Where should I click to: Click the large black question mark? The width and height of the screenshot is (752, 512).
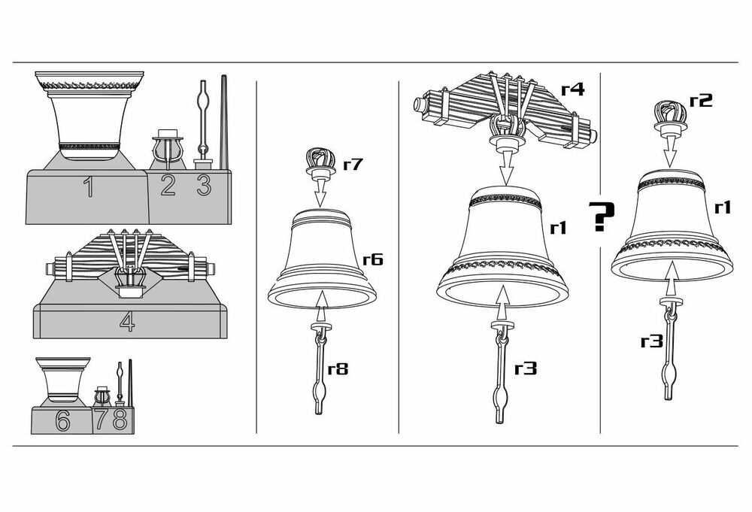[601, 217]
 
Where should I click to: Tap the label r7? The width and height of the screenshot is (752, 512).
[353, 164]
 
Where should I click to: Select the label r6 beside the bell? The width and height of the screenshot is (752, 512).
[373, 259]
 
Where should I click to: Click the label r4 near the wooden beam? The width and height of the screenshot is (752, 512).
[573, 89]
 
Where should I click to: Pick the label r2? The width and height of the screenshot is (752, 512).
[701, 100]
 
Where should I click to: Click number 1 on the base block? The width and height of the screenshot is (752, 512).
[89, 187]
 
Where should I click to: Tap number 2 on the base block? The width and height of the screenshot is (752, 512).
[168, 186]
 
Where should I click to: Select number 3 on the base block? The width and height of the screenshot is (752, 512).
[204, 186]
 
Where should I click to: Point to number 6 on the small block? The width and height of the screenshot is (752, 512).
[63, 420]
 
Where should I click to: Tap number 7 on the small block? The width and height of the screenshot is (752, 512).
[102, 420]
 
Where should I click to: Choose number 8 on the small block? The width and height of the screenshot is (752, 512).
[120, 420]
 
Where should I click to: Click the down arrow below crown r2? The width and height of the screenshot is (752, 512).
[671, 151]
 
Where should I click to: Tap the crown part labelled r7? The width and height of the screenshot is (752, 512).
[320, 163]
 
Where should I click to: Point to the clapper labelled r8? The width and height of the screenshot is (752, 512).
[320, 369]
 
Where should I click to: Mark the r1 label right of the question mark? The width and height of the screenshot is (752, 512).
[722, 208]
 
